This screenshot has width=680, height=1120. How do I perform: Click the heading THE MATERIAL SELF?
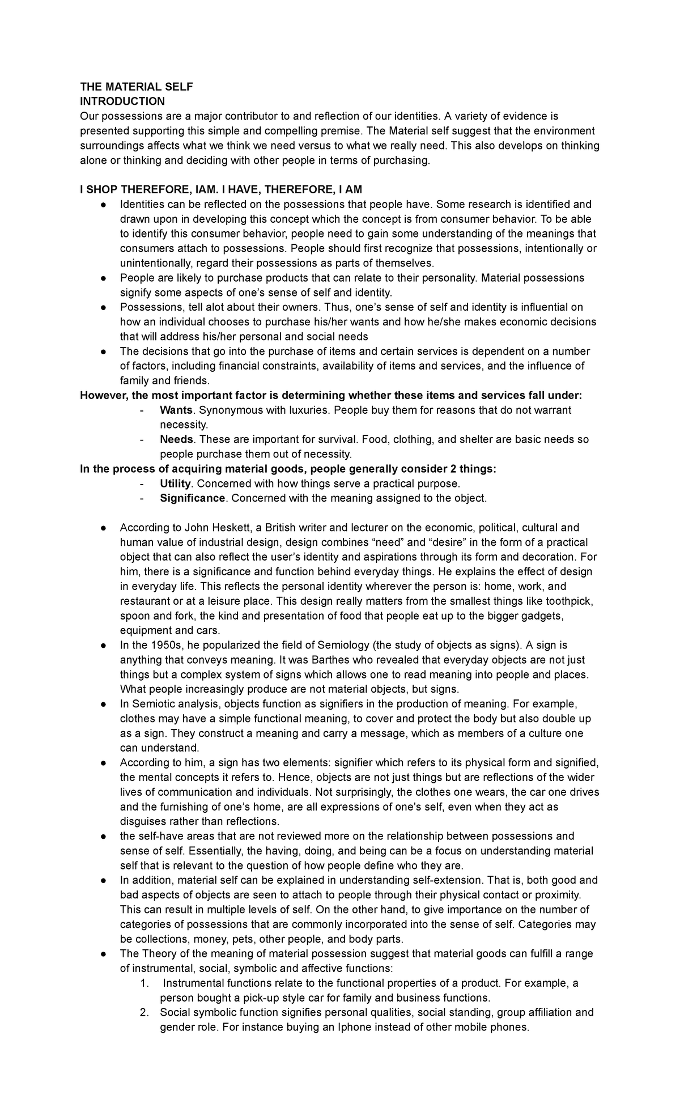click(x=136, y=87)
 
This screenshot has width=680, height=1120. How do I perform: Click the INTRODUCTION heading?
click(x=122, y=101)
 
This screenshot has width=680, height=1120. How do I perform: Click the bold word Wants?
click(x=176, y=410)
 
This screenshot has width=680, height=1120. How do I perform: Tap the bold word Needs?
click(x=177, y=439)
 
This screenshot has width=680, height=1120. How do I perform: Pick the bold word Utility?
click(x=176, y=483)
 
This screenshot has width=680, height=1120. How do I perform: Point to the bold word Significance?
click(x=193, y=498)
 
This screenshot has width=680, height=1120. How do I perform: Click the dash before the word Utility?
click(x=142, y=483)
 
